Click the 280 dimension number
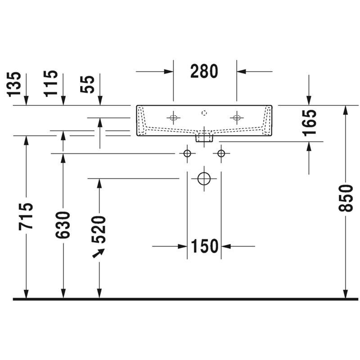click(x=204, y=71)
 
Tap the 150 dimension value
click(x=204, y=246)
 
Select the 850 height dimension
click(x=346, y=198)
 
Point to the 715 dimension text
click(x=26, y=216)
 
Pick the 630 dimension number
click(x=63, y=225)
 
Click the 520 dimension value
click(x=99, y=229)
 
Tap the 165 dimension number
click(x=309, y=123)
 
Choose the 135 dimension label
click(x=14, y=84)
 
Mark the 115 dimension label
click(x=51, y=83)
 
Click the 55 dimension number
click(x=87, y=84)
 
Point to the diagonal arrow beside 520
click(x=99, y=253)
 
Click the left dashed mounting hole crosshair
click(x=174, y=118)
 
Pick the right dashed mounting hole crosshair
click(x=237, y=118)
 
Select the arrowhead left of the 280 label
click(x=169, y=72)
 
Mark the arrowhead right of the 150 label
click(x=226, y=246)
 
